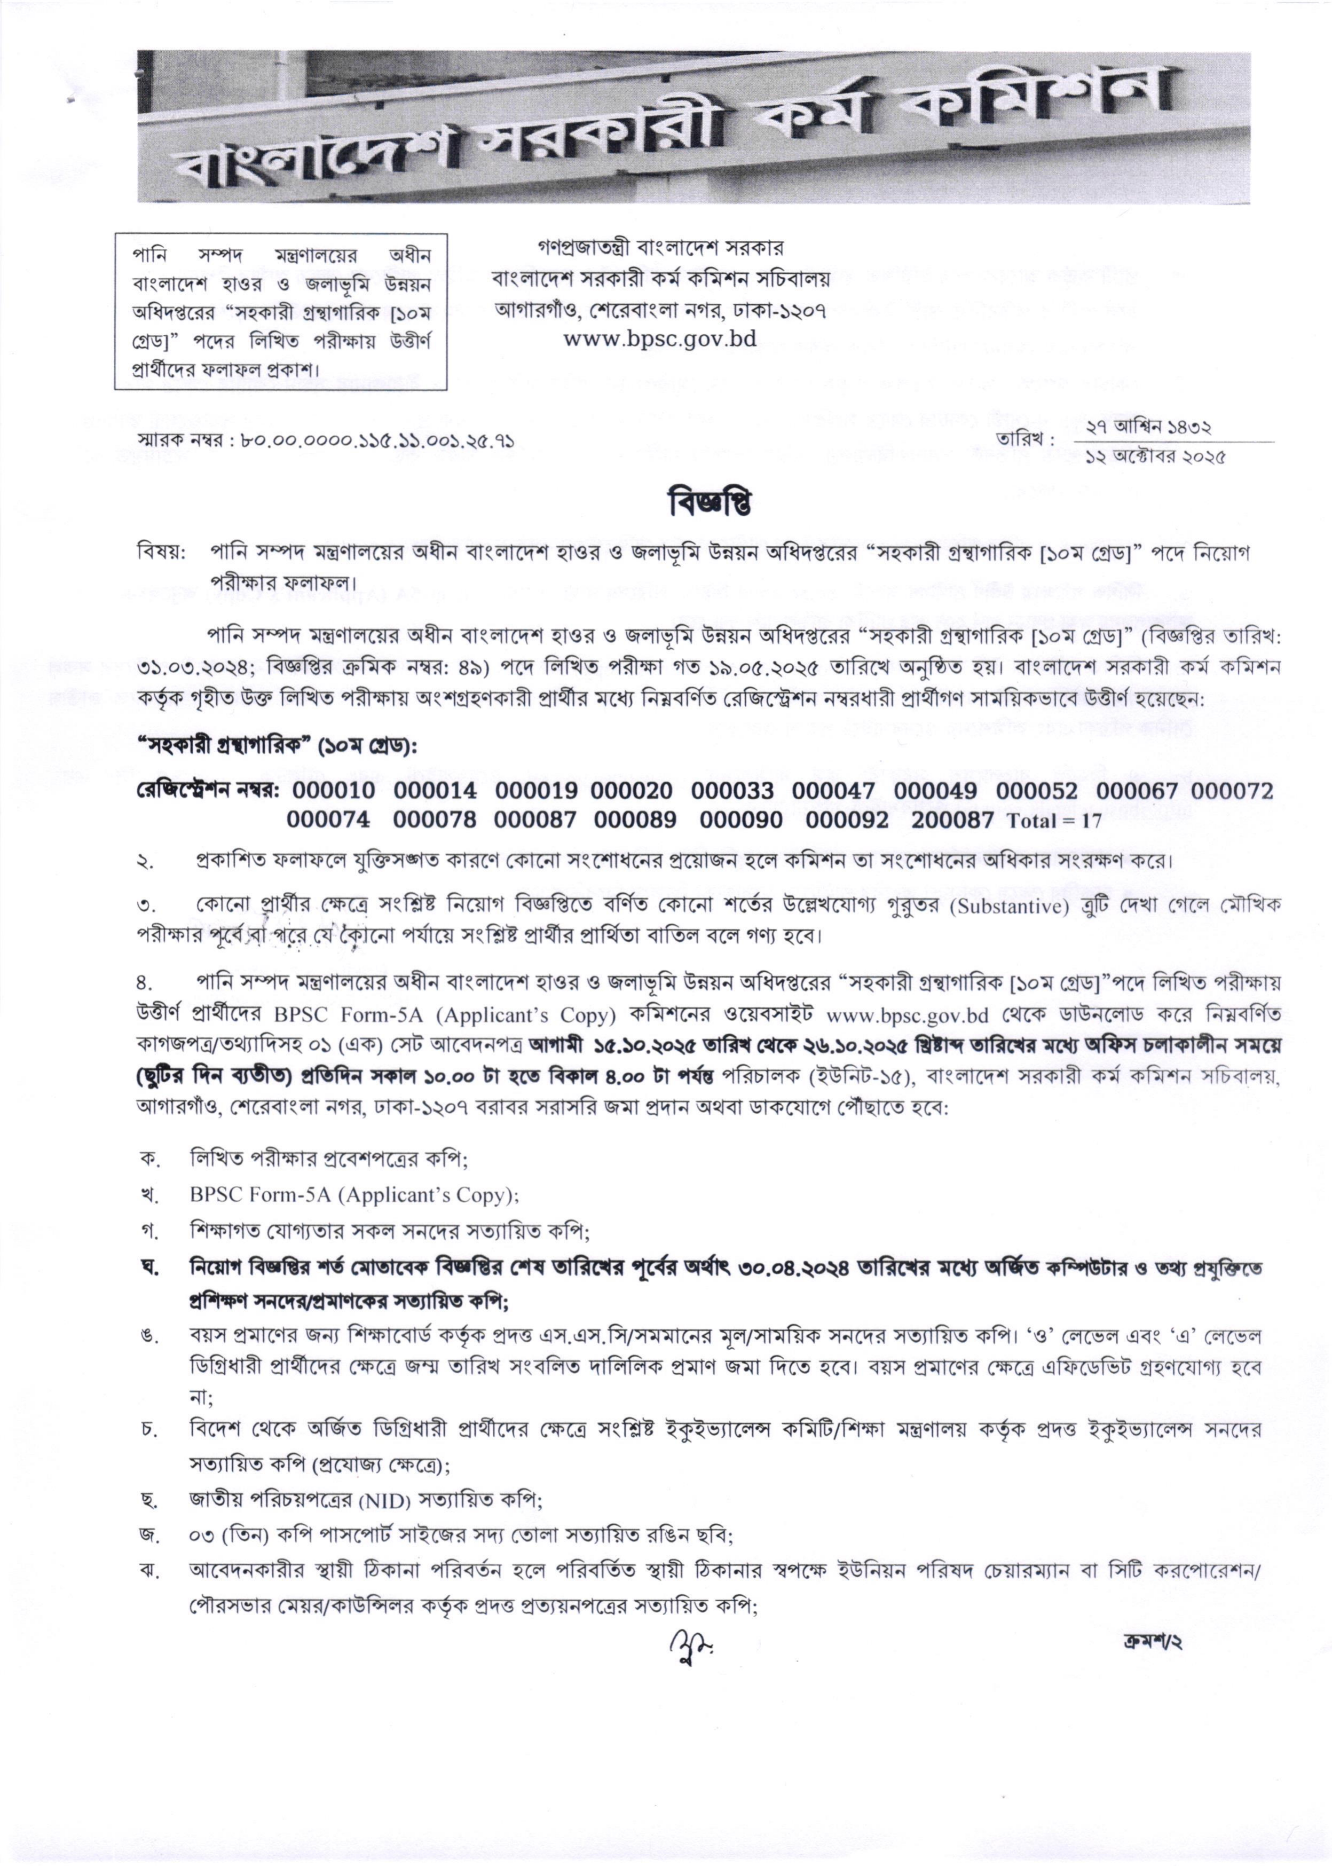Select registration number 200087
pos(952,820)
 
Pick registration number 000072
pos(1232,791)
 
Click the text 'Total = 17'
pos(1054,821)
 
